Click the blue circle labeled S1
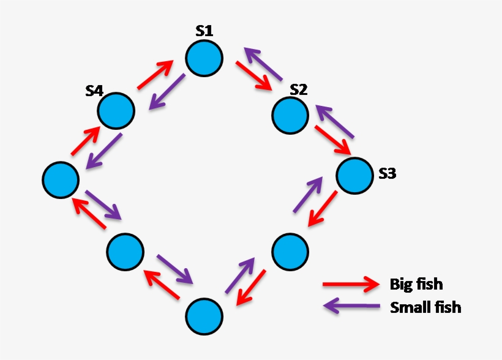(204, 58)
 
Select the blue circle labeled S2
(291, 115)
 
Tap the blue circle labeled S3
(354, 176)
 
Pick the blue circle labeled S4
(116, 111)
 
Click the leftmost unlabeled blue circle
(61, 180)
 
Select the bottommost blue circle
(204, 316)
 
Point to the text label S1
(205, 31)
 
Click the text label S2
(299, 89)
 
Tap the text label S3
(387, 174)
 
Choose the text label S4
(94, 91)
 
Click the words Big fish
(416, 285)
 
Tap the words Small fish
(425, 307)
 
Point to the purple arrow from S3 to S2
(335, 120)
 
